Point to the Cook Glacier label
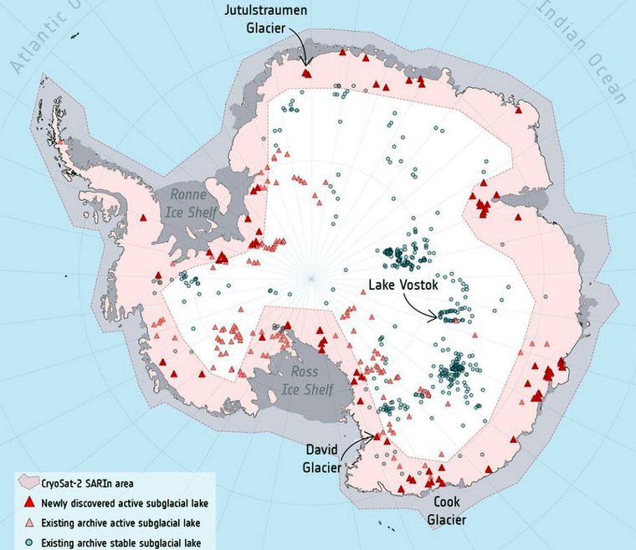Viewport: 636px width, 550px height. (x=453, y=510)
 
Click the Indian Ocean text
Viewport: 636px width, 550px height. (x=584, y=50)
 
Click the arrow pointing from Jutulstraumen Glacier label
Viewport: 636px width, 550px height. (x=301, y=49)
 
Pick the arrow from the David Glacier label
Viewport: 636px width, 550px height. (x=362, y=438)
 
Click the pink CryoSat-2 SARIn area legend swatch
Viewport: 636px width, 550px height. (x=29, y=483)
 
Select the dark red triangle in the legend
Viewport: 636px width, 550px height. (x=29, y=503)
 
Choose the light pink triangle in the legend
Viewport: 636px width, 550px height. (x=29, y=522)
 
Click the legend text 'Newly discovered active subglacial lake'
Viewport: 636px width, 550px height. (x=125, y=503)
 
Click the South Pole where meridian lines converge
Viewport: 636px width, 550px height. (x=311, y=277)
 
